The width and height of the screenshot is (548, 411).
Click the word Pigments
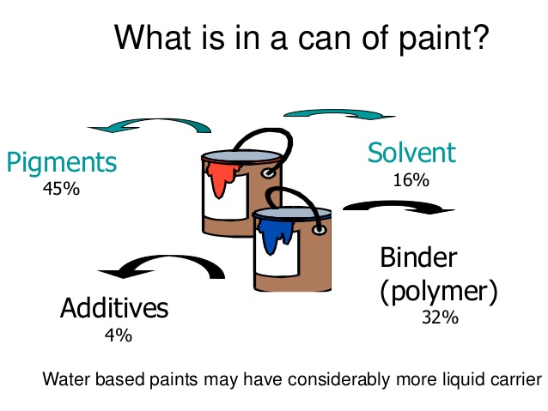[61, 162]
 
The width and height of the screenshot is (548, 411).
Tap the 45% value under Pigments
[61, 188]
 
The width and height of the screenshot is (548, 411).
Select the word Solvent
[411, 153]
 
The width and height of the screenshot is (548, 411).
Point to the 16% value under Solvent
[411, 180]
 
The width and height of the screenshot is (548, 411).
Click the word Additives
[114, 308]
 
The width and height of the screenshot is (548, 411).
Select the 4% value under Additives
[118, 335]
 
